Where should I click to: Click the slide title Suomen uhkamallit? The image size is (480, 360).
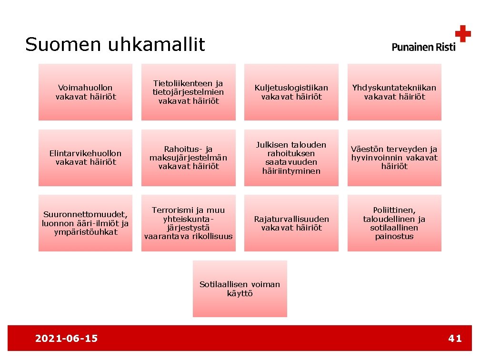[x=115, y=45]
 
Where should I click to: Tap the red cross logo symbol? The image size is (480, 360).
[x=462, y=34]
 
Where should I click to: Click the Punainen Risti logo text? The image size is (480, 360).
[x=423, y=47]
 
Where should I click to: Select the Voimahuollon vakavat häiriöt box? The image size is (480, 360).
[x=86, y=92]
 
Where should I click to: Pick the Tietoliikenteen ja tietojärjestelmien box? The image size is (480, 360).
[x=189, y=92]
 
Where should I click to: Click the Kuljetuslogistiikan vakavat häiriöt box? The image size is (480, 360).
[x=291, y=92]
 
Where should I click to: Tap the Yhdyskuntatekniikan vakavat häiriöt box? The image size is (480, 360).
[x=394, y=92]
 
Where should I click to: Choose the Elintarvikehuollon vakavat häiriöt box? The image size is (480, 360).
[x=86, y=158]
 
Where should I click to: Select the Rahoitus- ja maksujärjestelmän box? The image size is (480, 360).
[x=189, y=158]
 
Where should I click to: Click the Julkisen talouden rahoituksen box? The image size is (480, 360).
[x=291, y=158]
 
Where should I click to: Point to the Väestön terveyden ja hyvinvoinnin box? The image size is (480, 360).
[x=394, y=158]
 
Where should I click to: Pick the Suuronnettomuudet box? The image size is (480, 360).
[x=86, y=223]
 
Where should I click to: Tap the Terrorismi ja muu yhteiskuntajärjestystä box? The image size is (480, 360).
[x=189, y=223]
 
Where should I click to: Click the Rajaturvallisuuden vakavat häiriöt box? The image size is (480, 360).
[x=291, y=223]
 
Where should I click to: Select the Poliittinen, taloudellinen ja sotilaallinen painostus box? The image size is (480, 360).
[x=394, y=223]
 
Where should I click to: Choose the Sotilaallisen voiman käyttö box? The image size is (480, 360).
[x=240, y=289]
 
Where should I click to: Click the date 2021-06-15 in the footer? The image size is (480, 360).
[x=66, y=339]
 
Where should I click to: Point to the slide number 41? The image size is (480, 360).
[x=455, y=339]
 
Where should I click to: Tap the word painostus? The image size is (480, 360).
[x=394, y=236]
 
